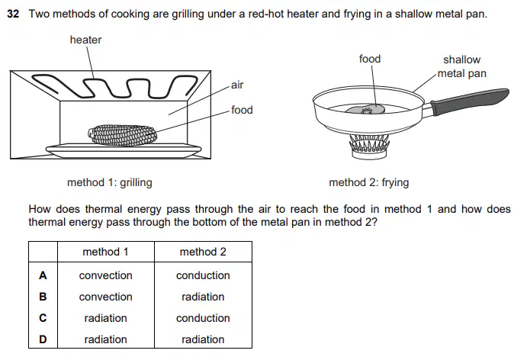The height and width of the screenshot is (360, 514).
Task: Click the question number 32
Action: click(13, 14)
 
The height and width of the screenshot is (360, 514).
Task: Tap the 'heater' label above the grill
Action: click(85, 40)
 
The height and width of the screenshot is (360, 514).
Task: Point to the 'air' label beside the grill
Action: click(237, 85)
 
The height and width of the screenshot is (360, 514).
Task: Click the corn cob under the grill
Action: click(122, 135)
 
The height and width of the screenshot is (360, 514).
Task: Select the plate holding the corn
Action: click(124, 149)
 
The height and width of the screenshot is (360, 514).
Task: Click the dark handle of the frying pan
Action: click(470, 101)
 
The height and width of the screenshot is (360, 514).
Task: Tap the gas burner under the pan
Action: click(369, 146)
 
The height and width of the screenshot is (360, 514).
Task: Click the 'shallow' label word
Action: click(462, 59)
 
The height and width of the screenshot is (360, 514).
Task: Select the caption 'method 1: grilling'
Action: click(110, 182)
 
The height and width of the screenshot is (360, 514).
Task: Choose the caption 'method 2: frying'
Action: click(369, 182)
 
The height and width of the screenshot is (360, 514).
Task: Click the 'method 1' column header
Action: click(105, 252)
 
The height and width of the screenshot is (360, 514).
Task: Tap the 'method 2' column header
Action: click(203, 252)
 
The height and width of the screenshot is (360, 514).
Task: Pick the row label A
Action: click(43, 275)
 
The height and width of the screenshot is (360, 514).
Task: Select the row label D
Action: click(43, 339)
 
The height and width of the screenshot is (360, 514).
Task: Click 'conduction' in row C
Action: click(203, 318)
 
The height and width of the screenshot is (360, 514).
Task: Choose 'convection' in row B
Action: click(105, 297)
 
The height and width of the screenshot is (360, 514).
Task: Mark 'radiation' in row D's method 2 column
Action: click(203, 339)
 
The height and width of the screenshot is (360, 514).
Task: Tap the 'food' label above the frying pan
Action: click(370, 59)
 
